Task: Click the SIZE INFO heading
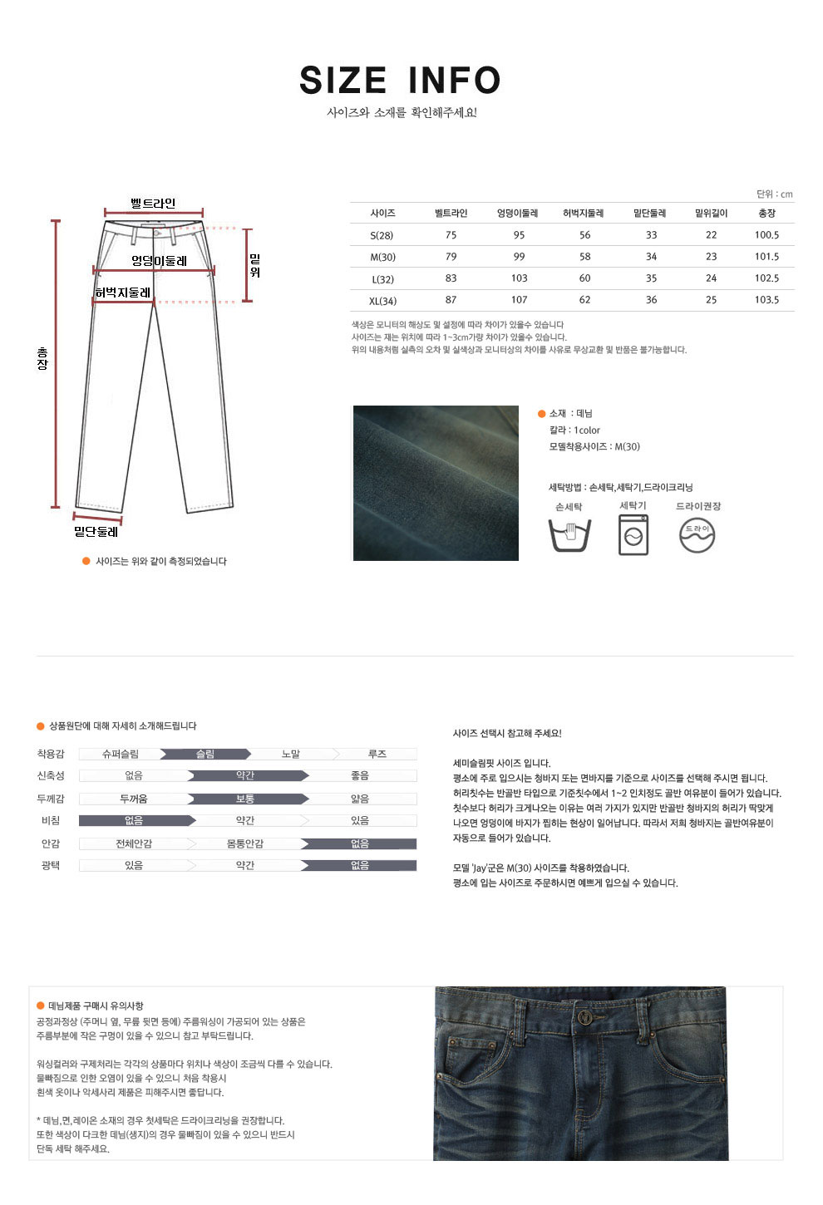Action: [400, 81]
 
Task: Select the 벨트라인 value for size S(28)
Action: [451, 235]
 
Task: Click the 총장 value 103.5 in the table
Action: [766, 300]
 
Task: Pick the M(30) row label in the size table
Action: [382, 257]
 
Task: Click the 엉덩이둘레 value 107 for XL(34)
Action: [519, 300]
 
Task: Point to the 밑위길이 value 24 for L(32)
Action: [711, 278]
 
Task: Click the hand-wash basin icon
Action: [569, 535]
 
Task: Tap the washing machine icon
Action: [633, 534]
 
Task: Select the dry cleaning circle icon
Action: [697, 535]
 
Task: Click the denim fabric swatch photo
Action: [436, 483]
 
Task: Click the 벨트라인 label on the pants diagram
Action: [153, 203]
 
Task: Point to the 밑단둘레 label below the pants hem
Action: [96, 532]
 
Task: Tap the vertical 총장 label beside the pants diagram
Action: [42, 359]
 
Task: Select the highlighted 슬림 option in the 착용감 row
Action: [205, 755]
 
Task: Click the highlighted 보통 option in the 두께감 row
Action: [245, 799]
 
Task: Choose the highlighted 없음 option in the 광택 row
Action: [359, 866]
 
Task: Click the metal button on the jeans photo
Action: [587, 1017]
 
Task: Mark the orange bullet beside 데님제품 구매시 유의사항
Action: [40, 1006]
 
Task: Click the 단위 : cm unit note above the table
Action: [774, 194]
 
